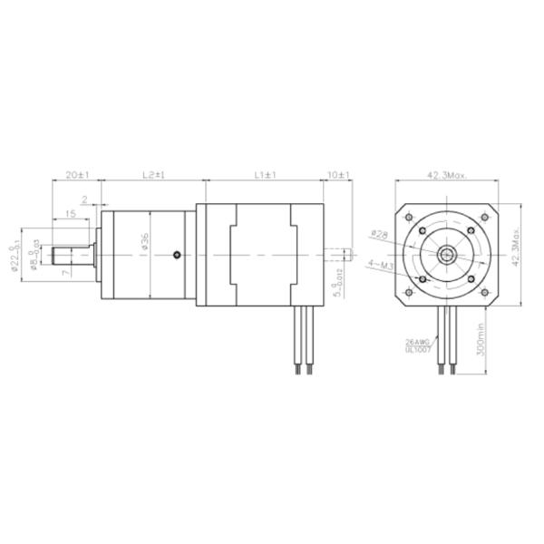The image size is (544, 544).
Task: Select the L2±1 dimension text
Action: click(x=151, y=172)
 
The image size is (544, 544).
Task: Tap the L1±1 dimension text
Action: click(x=264, y=172)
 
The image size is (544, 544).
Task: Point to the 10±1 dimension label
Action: click(x=339, y=172)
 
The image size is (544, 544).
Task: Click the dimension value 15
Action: click(x=70, y=214)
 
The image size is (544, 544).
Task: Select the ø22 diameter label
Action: click(x=15, y=256)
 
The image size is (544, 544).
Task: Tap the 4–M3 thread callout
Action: click(x=380, y=264)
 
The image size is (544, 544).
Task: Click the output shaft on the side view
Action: click(x=76, y=257)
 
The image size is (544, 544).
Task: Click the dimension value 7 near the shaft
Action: click(x=64, y=272)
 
